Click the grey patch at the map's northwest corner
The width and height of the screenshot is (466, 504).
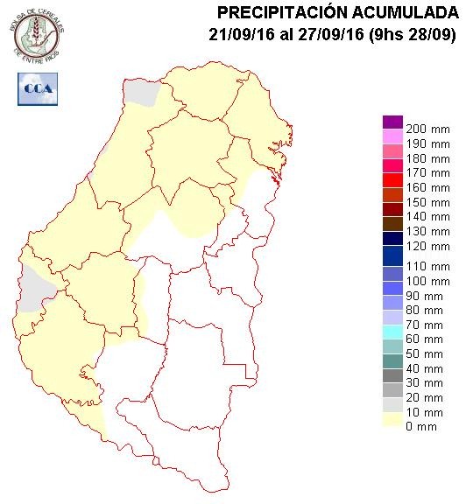[x=140, y=91]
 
